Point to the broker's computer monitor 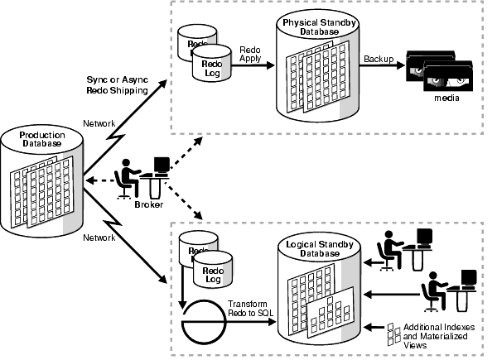pyautogui.click(x=162, y=165)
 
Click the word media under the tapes pyautogui.click(x=446, y=98)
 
